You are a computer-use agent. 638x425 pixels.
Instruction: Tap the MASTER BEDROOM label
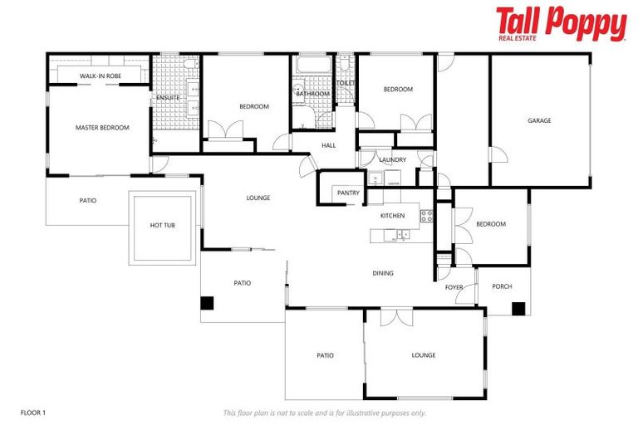pos(102,128)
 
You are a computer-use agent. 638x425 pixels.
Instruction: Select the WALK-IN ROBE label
pos(100,76)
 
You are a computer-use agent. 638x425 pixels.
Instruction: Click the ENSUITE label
pos(168,98)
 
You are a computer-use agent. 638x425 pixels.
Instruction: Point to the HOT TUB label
pos(162,226)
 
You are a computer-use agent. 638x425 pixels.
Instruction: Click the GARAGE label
pos(539,121)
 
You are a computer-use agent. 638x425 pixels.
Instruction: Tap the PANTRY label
pos(348,193)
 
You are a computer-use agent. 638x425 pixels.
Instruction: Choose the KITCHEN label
pos(392,216)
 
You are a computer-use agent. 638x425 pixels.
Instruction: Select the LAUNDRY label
pos(392,159)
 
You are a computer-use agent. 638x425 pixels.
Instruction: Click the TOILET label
pos(346,83)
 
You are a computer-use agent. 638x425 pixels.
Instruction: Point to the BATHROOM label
pos(313,94)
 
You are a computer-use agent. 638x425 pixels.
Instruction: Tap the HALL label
pos(329,145)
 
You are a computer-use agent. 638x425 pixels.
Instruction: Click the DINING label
pos(383,273)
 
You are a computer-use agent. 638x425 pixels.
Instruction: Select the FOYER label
pos(454,288)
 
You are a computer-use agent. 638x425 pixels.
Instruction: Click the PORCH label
pos(502,287)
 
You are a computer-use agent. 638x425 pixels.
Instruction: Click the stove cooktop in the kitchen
pos(426,216)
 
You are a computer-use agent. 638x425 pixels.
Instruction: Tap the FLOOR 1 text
pos(32,413)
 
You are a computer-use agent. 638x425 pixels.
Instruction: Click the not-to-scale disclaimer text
pos(324,413)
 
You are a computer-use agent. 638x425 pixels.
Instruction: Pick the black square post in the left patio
pos(207,304)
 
